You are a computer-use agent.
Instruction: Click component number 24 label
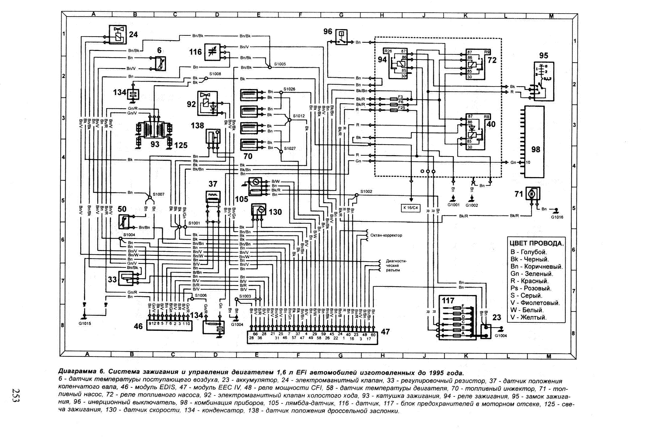pos(133,34)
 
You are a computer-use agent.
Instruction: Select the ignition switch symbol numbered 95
pos(544,81)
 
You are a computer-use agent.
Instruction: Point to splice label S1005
pos(280,64)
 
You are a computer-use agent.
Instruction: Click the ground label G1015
pos(85,323)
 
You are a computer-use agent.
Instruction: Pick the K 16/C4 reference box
pos(411,208)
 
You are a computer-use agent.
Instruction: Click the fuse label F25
pos(402,108)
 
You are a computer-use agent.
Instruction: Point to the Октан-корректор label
pos(386,235)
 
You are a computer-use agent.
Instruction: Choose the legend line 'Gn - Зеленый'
pos(532,274)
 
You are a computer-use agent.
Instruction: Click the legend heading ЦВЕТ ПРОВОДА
pos(537,243)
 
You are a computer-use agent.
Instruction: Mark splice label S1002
pos(366,191)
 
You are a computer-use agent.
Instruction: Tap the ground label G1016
pos(557,217)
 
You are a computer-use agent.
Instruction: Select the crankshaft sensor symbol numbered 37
pos(213,196)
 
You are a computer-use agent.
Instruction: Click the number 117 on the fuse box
pos(448,301)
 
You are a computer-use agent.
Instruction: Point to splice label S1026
pos(289,89)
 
